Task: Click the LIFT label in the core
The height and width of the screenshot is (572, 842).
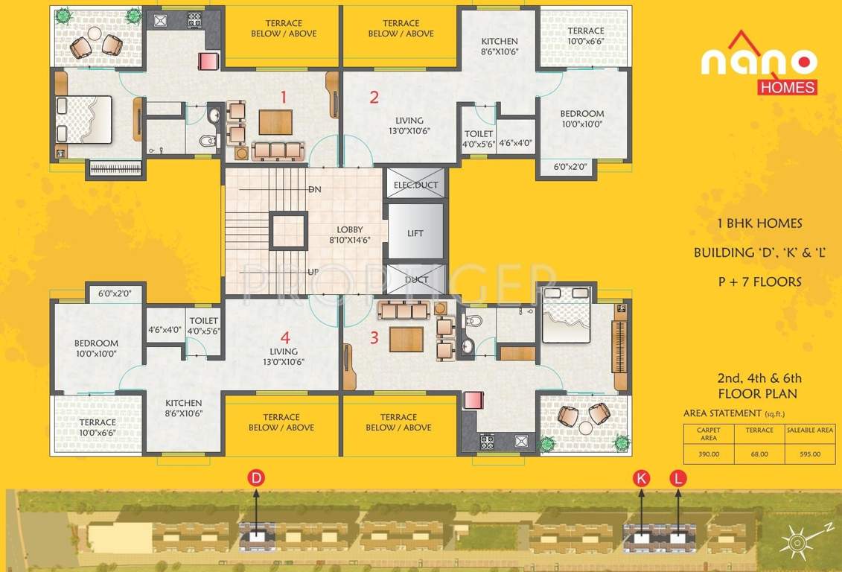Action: [415, 233]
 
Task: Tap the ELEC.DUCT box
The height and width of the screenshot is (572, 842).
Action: [415, 185]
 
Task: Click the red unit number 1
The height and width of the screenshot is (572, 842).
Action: [283, 96]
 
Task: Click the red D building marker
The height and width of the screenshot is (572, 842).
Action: [256, 479]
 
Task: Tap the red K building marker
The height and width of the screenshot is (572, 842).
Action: [641, 478]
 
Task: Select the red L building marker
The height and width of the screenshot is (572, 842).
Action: [677, 478]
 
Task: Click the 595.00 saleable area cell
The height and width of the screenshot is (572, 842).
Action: [810, 454]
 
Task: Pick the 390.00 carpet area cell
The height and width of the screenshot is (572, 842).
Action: [708, 454]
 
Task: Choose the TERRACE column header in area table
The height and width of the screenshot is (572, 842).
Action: [759, 430]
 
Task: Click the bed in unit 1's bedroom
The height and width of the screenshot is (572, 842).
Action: [84, 119]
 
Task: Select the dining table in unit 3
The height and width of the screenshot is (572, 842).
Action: [406, 339]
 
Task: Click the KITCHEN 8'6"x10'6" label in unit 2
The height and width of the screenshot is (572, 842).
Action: [499, 46]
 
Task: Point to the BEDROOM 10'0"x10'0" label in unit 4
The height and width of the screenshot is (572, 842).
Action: [96, 349]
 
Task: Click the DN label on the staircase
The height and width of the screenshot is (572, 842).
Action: [314, 190]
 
